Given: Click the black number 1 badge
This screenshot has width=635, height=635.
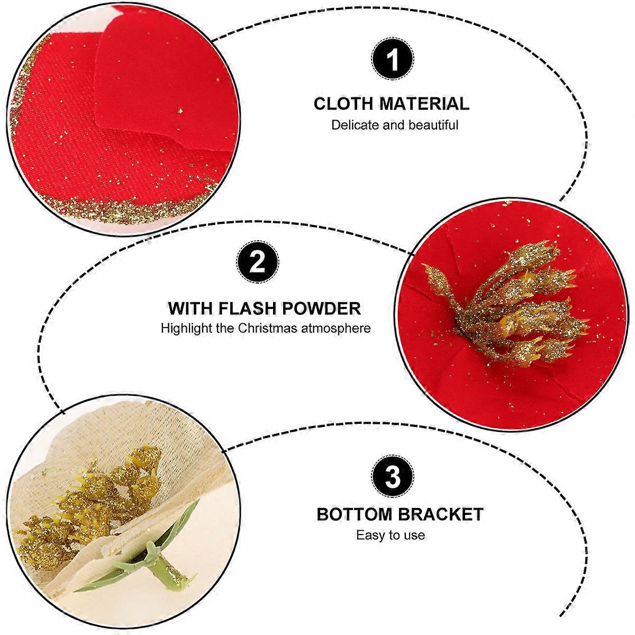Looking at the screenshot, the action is [x=392, y=59].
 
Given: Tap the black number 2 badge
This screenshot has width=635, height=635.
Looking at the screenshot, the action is [x=257, y=262].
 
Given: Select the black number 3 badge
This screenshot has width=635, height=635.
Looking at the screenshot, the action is [x=392, y=476].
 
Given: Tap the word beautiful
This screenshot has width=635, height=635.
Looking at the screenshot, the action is [x=433, y=125].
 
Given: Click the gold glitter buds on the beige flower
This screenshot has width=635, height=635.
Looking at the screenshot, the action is [x=89, y=504].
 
